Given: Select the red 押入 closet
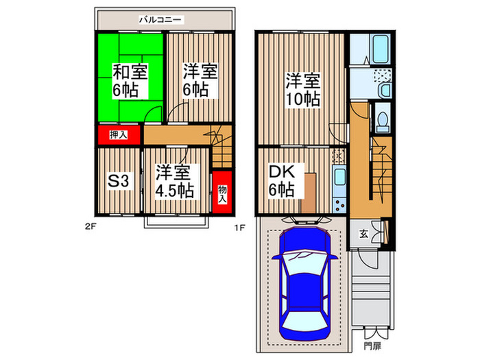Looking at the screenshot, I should [118, 135].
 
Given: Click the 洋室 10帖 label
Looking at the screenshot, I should [302, 89].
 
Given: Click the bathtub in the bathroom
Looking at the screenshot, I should [378, 49].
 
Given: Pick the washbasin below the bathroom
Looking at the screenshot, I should [383, 90].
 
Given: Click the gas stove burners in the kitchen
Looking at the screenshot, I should [338, 204].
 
